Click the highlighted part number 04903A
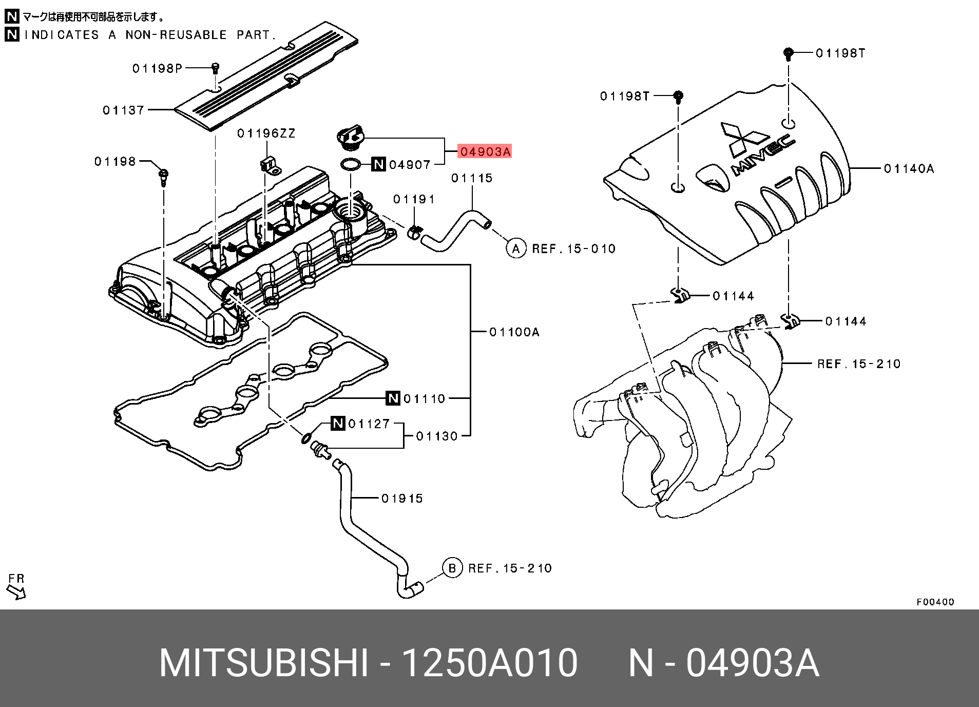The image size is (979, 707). (485, 151)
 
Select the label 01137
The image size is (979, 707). (123, 110)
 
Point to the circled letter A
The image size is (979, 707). (516, 249)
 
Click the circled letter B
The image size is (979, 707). (452, 568)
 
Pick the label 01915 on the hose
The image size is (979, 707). (402, 499)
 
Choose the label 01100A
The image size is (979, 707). (514, 332)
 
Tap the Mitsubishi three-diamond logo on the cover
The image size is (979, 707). (743, 139)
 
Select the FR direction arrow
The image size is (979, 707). (16, 591)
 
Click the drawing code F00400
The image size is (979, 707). (935, 602)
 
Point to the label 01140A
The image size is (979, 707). (909, 168)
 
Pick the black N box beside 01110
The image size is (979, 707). (393, 398)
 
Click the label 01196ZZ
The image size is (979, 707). (266, 133)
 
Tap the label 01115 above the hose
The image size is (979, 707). (472, 178)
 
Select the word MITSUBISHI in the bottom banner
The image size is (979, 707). (264, 663)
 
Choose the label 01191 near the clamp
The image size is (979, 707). (414, 199)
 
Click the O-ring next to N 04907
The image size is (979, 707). (350, 164)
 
